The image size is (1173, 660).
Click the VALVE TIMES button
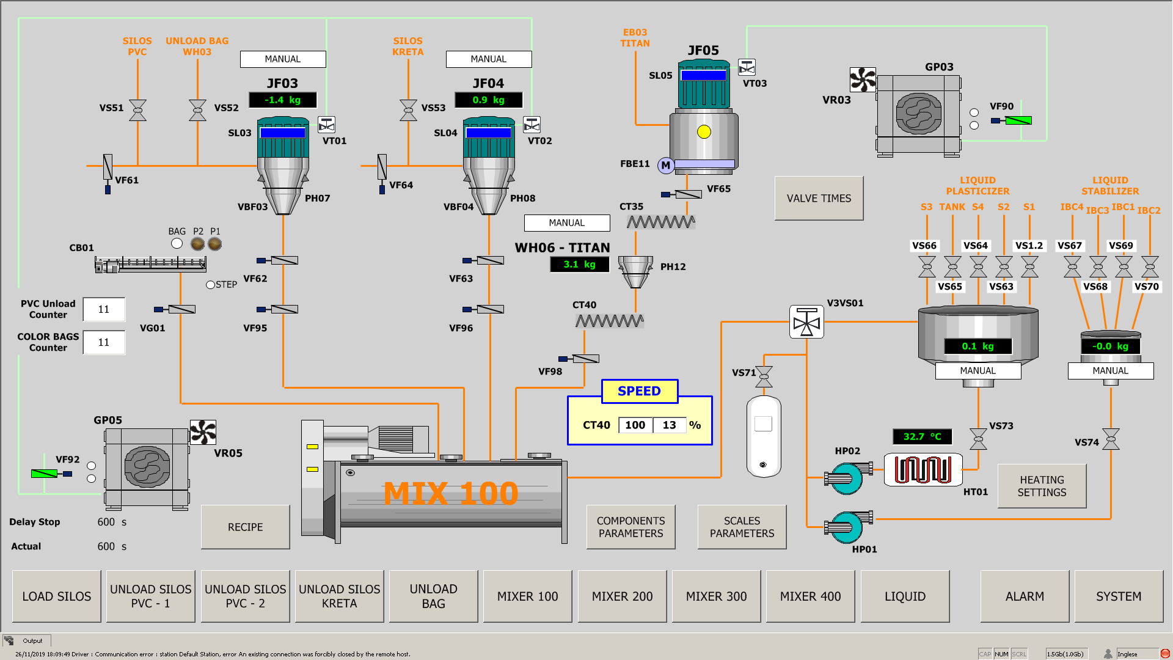coord(819,199)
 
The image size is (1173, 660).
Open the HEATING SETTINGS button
coord(1042,486)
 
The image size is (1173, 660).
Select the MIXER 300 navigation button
coord(716,596)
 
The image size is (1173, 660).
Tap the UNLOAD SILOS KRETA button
coord(339,596)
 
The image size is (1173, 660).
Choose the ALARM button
coord(1025,596)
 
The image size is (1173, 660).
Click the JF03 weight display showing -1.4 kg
coord(283,100)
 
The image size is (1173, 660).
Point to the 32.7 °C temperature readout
coord(922,436)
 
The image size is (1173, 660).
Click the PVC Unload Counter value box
coord(104,309)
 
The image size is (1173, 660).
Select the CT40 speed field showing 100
coord(635,425)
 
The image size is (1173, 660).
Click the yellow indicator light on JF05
coord(704,132)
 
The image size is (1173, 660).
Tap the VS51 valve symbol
coord(138,110)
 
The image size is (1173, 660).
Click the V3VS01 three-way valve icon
coord(806,322)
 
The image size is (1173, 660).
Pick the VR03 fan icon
coord(863,79)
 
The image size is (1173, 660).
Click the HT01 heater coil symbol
coord(923,470)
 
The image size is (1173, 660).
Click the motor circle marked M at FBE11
coord(665,165)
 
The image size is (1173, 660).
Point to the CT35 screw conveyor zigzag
coord(661,222)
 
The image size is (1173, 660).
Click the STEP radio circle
coord(210,285)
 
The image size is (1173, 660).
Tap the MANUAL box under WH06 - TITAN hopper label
coord(567,223)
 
